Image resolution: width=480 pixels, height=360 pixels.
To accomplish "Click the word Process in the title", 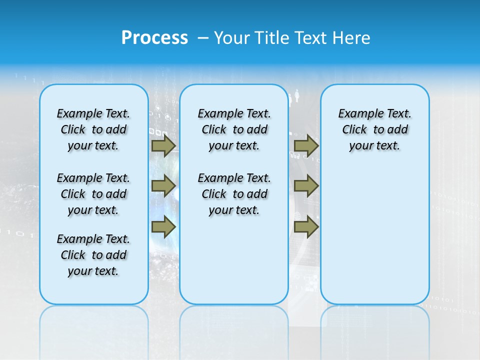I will coord(154,37).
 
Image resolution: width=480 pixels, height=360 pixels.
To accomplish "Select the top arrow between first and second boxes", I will coord(163,145).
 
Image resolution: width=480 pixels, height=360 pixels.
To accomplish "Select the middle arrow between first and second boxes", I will coord(163,186).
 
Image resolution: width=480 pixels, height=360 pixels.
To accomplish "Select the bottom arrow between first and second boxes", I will coord(163,227).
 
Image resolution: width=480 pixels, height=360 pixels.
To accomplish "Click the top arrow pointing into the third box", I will coord(306,145).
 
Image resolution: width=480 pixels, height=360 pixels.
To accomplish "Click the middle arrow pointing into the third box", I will coord(306,186).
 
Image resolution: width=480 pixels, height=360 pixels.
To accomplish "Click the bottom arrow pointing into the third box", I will coord(306,227).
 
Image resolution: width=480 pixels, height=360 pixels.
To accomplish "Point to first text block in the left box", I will coord(93,129).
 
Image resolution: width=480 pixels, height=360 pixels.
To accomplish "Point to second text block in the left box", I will coord(93,194).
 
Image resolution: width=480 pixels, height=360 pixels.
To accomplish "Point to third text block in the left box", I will coord(93,255).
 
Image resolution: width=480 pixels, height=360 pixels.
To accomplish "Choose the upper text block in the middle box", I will coord(234,129).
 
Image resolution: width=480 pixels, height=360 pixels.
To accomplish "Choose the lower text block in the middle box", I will coord(234,194).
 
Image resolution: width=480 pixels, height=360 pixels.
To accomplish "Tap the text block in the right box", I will coord(374,129).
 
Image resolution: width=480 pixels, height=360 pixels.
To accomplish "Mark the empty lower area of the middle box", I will coord(234,260).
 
